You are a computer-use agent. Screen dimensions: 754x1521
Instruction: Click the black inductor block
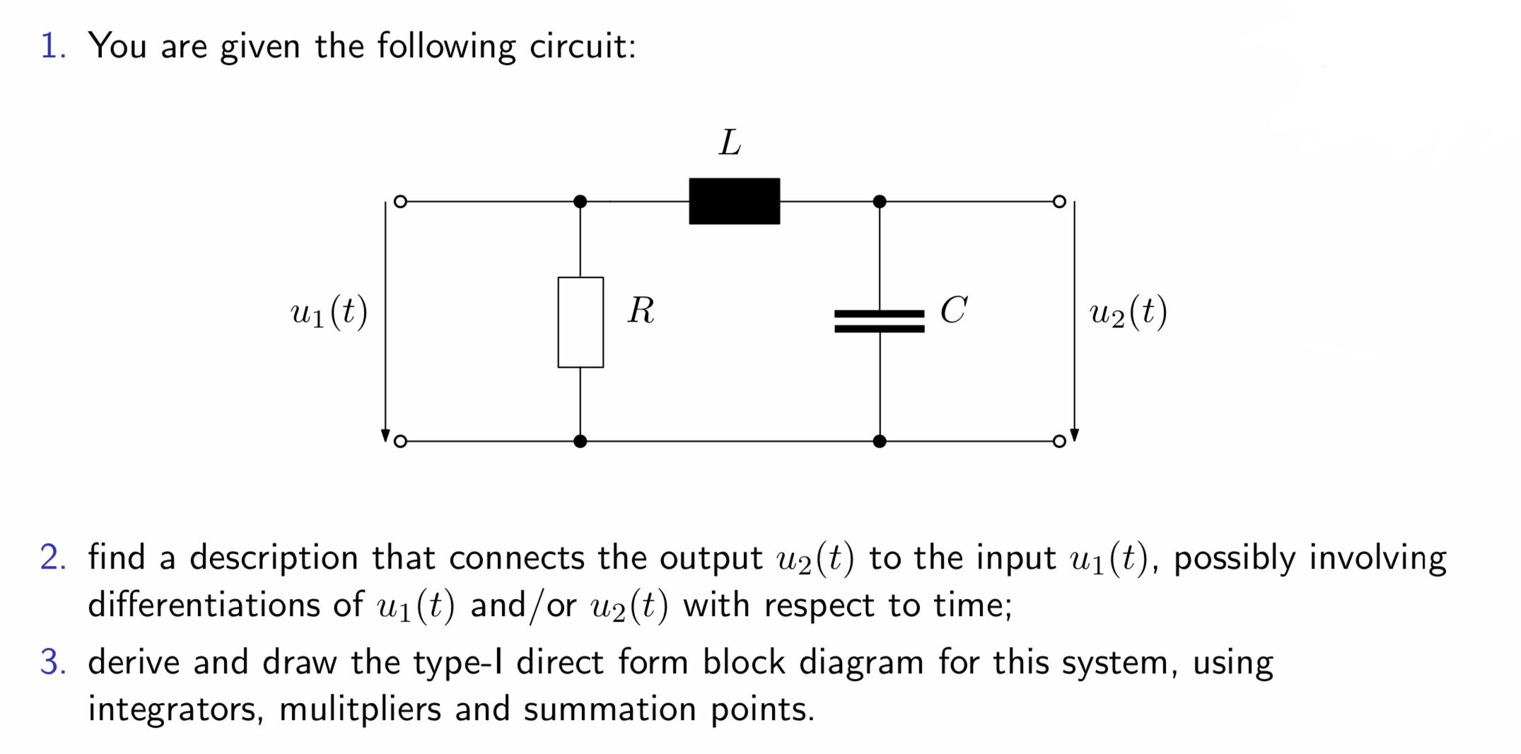pyautogui.click(x=734, y=202)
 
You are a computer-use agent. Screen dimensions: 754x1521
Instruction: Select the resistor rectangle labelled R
pyautogui.click(x=580, y=322)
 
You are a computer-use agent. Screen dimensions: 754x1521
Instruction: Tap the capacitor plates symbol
pyautogui.click(x=879, y=320)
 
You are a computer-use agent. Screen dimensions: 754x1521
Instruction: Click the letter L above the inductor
pyautogui.click(x=730, y=143)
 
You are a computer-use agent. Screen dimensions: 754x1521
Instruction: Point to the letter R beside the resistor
pyautogui.click(x=641, y=311)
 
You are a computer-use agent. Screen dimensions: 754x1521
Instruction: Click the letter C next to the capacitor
pyautogui.click(x=953, y=311)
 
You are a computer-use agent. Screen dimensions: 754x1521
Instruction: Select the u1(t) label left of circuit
pyautogui.click(x=329, y=312)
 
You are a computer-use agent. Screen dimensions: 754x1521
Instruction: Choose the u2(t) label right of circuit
pyautogui.click(x=1128, y=312)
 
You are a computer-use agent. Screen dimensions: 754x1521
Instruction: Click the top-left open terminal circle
pyautogui.click(x=400, y=202)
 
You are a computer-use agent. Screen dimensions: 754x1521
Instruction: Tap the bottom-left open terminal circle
pyautogui.click(x=400, y=441)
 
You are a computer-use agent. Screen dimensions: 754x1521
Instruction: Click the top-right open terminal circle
pyautogui.click(x=1059, y=202)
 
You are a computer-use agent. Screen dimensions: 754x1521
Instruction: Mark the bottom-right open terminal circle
pyautogui.click(x=1059, y=441)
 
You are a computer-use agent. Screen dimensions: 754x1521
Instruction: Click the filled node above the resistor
pyautogui.click(x=580, y=202)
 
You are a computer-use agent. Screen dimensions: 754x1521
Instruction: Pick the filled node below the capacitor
pyautogui.click(x=879, y=441)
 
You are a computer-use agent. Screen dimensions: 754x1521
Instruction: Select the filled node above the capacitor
pyautogui.click(x=879, y=202)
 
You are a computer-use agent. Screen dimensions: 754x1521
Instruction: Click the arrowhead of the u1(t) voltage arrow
pyautogui.click(x=385, y=435)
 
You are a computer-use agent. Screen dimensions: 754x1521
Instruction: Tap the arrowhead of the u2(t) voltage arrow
pyautogui.click(x=1074, y=435)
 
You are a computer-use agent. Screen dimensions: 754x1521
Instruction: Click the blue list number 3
pyautogui.click(x=53, y=663)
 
